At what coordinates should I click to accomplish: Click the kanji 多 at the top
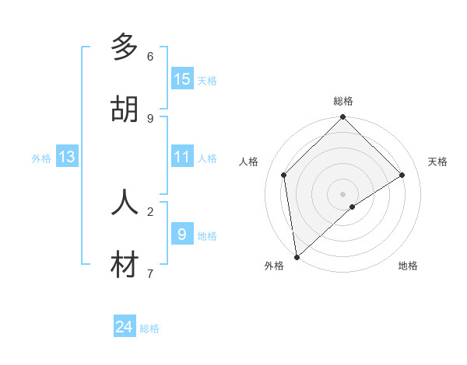point(125,47)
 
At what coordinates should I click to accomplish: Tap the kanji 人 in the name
point(125,202)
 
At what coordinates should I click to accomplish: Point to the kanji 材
point(125,265)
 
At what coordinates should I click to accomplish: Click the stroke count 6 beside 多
point(150,56)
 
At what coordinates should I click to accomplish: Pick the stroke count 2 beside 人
point(150,210)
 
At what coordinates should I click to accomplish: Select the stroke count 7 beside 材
point(150,273)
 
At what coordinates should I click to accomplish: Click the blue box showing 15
point(182,78)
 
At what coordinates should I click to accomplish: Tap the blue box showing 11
point(182,157)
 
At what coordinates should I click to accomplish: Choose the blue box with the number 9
point(182,234)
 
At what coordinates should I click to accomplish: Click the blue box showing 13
point(67,157)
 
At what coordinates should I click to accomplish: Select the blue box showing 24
point(125,327)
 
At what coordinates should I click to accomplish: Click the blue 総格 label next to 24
point(150,328)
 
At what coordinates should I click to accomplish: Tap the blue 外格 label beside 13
point(41,158)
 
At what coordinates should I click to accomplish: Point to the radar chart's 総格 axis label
point(343,101)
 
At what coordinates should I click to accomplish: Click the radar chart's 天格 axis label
point(437,162)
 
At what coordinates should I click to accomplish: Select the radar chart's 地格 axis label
point(408,266)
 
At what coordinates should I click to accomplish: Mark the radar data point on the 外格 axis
point(296,257)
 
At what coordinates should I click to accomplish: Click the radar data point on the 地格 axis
point(353,207)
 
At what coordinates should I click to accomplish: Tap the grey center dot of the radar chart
point(343,193)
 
